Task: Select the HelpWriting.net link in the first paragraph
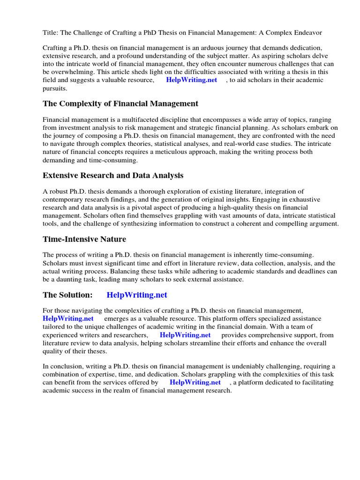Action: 192,80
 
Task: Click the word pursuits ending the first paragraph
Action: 55,88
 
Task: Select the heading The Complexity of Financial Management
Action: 120,104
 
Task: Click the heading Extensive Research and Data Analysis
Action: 113,175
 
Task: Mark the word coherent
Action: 246,224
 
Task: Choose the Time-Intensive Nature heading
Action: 84,239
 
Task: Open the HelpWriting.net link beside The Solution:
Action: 137,295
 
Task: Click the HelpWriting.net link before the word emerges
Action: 68,319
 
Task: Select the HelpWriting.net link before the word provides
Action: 185,335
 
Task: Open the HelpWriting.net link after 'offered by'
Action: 195,382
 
